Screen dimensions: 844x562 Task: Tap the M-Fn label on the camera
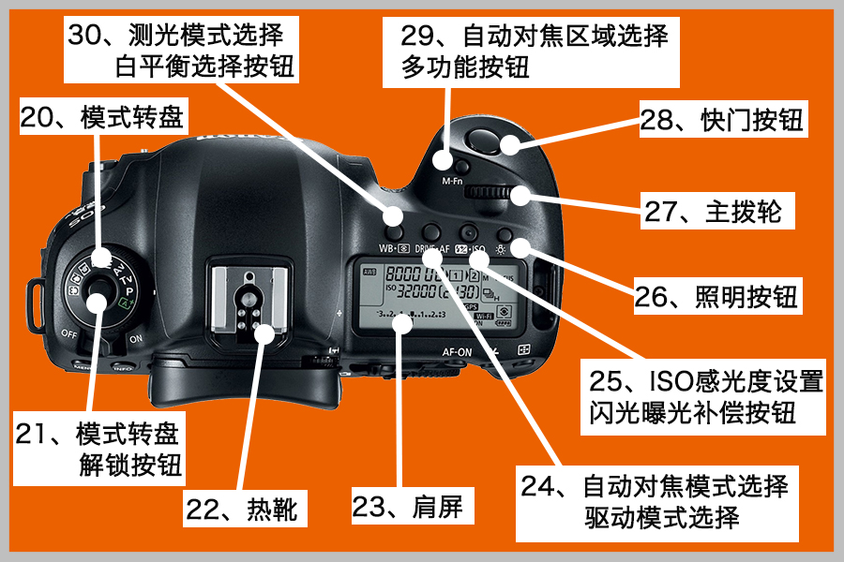452,181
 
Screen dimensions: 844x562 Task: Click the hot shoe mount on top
249,303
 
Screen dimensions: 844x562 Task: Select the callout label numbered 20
103,117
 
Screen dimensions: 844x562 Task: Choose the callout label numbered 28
722,119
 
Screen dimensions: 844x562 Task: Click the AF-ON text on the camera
457,352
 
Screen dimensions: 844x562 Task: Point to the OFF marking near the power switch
69,333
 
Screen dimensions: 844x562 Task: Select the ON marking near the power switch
136,339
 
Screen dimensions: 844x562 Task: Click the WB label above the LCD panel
386,248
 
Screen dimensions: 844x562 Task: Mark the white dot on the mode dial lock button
97,302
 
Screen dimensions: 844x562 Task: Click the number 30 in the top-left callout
84,35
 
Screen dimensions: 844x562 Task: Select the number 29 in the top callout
417,36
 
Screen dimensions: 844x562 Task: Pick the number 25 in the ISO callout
606,381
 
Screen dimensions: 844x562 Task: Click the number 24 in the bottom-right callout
537,486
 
